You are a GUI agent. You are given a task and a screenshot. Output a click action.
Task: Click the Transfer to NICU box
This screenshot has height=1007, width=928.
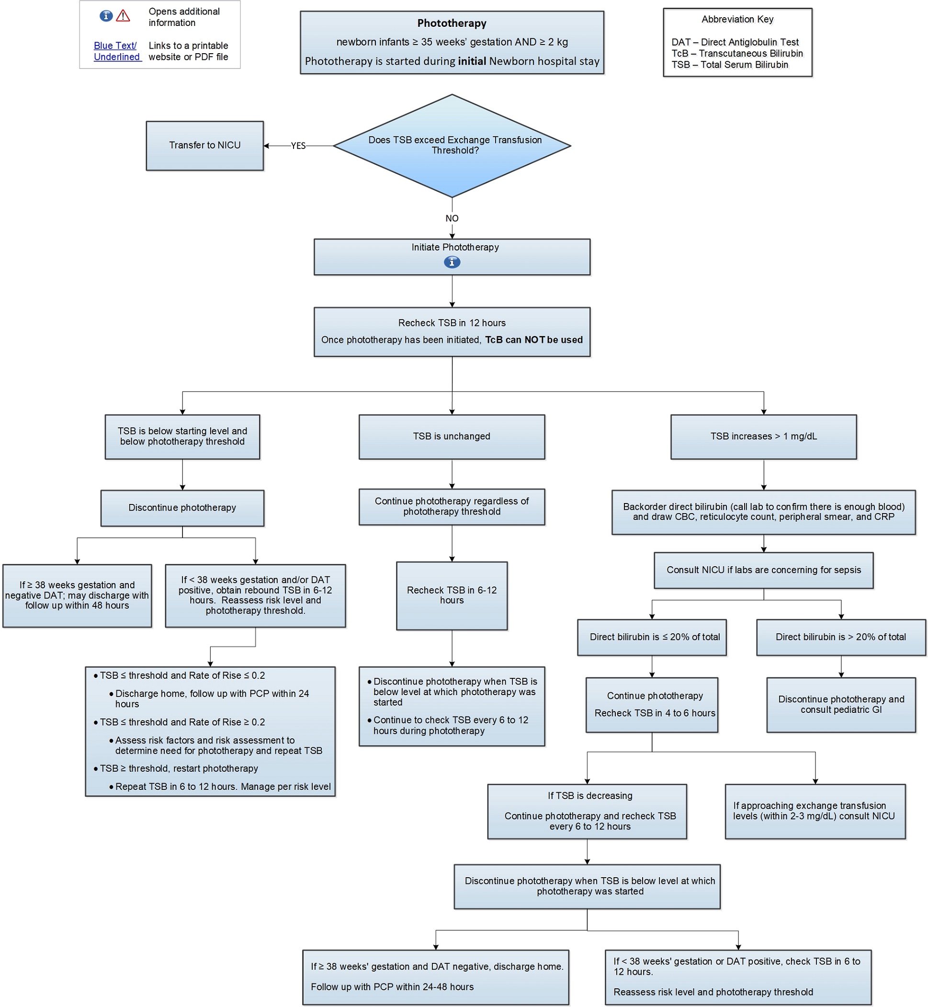[x=204, y=145]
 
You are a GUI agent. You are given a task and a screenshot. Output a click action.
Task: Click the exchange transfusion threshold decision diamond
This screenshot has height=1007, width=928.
[x=452, y=145]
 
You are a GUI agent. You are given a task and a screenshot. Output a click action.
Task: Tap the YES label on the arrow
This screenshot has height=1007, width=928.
[x=298, y=146]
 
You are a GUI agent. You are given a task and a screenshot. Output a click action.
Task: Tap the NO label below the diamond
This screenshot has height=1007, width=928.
[x=452, y=218]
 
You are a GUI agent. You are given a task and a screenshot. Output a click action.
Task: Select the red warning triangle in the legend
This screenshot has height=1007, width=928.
[x=123, y=16]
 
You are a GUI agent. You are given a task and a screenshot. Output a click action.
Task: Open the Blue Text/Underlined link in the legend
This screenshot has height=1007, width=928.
[x=116, y=51]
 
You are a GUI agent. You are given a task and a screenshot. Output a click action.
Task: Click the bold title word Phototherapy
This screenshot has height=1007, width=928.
[x=452, y=23]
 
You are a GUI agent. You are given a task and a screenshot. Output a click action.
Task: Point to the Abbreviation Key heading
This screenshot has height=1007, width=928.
[x=736, y=19]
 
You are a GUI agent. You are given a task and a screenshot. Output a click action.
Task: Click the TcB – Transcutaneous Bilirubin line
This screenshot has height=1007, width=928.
[x=736, y=53]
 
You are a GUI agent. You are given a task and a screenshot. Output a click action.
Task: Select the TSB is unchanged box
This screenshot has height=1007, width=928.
[x=452, y=436]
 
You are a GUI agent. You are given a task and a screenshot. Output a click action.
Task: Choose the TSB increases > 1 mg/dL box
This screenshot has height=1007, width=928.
[x=763, y=436]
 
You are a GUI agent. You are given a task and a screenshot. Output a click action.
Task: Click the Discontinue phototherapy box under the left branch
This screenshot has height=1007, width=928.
[x=182, y=507]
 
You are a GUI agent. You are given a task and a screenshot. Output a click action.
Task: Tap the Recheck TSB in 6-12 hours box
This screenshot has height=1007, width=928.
[x=452, y=595]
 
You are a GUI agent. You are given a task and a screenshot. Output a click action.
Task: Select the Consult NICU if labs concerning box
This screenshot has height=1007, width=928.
[x=763, y=570]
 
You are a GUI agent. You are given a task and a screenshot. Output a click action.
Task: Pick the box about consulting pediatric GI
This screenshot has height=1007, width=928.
[x=841, y=704]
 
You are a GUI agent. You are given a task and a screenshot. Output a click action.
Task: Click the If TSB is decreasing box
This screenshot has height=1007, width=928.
[x=587, y=811]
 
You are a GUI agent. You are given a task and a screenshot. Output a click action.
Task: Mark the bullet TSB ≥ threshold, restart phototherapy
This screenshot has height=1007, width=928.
[x=179, y=768]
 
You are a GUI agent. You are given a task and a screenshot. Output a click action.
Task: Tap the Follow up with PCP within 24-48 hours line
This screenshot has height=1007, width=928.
[x=392, y=987]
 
